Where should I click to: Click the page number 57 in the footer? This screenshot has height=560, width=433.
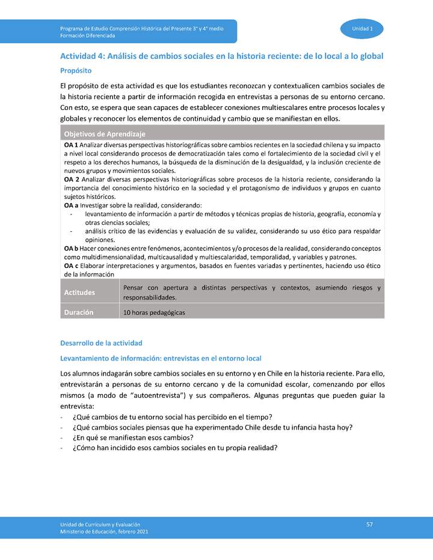[x=370, y=525]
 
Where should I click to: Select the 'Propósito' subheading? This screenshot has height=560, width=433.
[x=75, y=70]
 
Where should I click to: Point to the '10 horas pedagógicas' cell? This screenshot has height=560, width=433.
[x=154, y=312]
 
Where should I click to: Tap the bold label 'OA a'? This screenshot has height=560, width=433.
[x=70, y=205]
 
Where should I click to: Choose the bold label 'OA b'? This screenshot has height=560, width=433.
[x=71, y=248]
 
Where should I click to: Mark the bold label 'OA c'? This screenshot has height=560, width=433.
[x=70, y=265]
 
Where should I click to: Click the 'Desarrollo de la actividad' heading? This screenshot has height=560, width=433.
[x=101, y=343]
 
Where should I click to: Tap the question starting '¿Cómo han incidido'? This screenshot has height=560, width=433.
[x=174, y=448]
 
